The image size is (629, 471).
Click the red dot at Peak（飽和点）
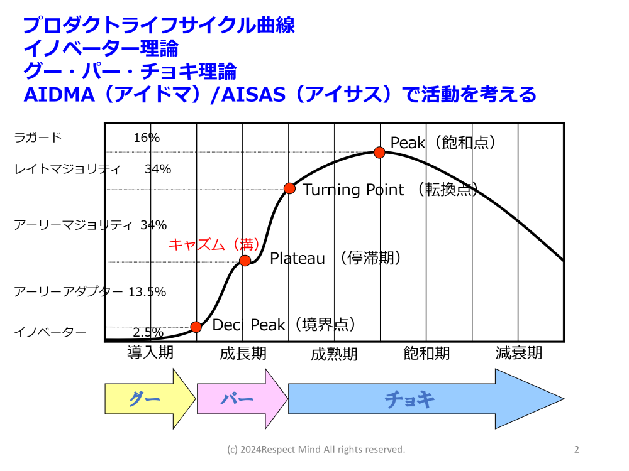pos(379,153)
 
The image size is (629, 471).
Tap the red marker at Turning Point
pos(289,188)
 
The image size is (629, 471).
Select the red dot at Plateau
pos(245,261)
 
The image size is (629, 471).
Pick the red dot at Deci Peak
pos(196,327)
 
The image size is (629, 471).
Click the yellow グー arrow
pos(150,399)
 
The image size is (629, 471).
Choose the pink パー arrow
pos(242,399)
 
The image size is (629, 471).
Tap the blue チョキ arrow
pos(426,399)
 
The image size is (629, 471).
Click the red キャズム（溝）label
pos(214,244)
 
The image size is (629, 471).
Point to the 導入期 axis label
pos(150,352)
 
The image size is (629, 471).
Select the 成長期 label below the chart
pos(243,353)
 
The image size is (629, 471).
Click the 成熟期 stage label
pos(334,354)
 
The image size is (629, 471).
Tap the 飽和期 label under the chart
pos(426,353)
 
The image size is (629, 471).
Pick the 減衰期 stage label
pos(519,353)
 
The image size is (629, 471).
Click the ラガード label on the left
pos(38,138)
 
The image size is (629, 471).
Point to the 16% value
pos(147,138)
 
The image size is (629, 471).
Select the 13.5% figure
pos(147,291)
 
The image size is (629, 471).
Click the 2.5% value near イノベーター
pos(148,332)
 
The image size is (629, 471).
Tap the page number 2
pos(576,450)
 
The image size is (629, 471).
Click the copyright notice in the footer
pos(316,450)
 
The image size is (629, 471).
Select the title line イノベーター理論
pos(101,48)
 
